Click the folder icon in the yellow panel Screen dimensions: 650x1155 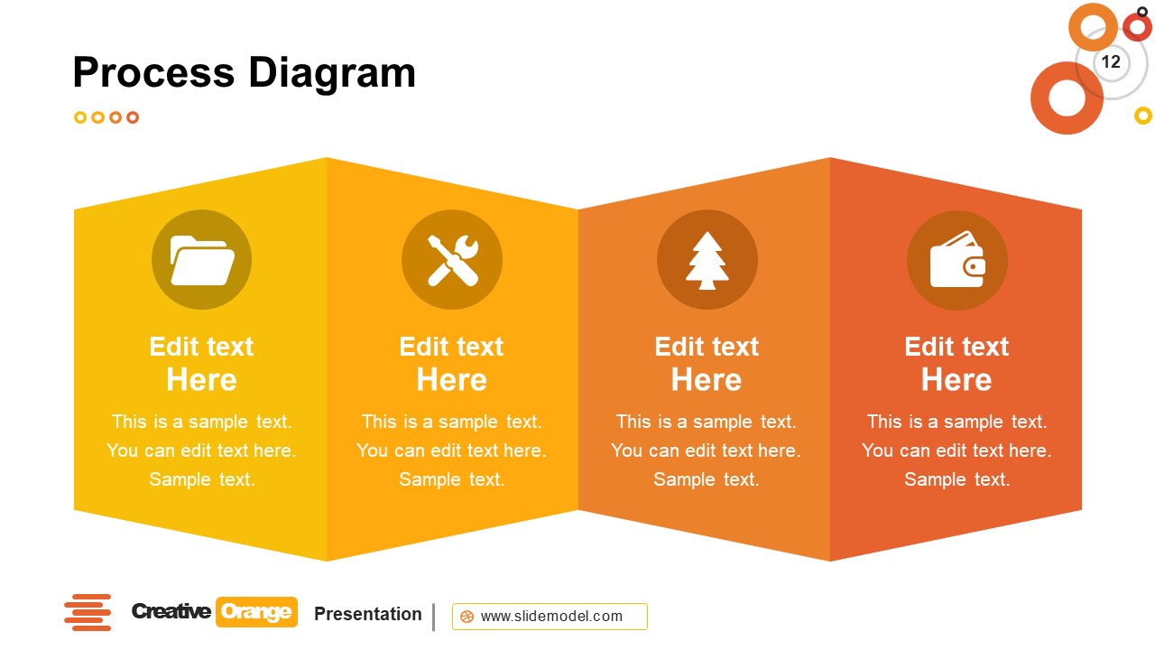(202, 260)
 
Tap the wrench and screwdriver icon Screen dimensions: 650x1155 (451, 260)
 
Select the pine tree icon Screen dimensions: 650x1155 (707, 260)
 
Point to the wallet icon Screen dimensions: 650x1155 (956, 260)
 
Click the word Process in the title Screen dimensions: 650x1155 (154, 72)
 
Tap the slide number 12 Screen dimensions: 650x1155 (1111, 61)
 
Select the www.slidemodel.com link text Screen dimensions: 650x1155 (551, 617)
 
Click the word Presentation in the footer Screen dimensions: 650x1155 (367, 614)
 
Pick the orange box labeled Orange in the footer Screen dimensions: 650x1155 (256, 612)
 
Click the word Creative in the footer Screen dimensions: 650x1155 (171, 612)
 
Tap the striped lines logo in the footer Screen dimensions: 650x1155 (88, 612)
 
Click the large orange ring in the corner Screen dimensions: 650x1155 (1067, 98)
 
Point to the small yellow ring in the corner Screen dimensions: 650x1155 (1143, 116)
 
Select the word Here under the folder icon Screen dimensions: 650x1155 (201, 380)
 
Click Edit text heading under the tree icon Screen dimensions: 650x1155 (707, 347)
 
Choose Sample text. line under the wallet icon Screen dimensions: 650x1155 (956, 479)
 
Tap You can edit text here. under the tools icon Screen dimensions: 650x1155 (451, 450)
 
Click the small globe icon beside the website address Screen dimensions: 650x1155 (467, 617)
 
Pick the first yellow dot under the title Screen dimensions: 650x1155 (80, 117)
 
